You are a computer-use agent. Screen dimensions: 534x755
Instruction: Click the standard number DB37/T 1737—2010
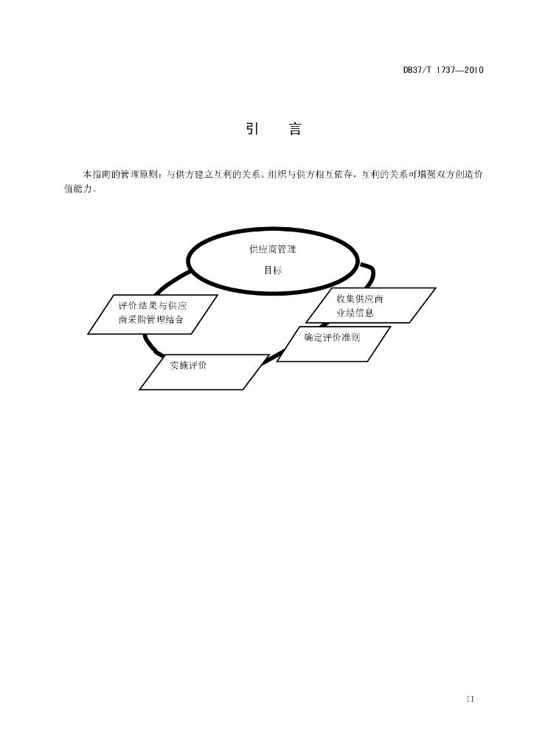pos(443,70)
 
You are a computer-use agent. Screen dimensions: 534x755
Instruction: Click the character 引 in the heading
pos(253,129)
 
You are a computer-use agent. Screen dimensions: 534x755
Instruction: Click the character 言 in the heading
pos(295,129)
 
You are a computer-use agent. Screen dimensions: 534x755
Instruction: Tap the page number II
pos(470,699)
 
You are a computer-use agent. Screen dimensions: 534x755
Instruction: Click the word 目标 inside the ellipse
pos(273,270)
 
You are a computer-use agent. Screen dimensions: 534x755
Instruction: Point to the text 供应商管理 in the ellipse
pos(273,249)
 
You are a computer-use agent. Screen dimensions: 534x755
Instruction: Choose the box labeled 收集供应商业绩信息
pos(371,305)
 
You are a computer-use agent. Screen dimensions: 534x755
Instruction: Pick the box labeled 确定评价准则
pos(333,344)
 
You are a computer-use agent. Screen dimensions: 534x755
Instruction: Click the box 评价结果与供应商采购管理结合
pos(153,314)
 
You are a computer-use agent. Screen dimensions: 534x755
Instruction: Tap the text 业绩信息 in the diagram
pos(356,313)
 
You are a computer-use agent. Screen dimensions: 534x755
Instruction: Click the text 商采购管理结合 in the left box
pos(151,319)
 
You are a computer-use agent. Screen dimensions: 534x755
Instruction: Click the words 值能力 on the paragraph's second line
pos(77,188)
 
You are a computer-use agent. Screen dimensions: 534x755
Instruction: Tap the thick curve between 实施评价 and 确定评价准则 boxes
pos(273,358)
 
